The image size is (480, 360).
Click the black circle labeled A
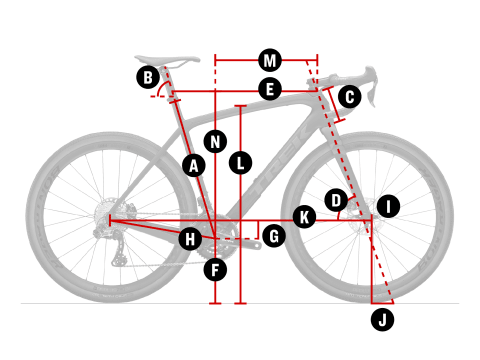point(194,165)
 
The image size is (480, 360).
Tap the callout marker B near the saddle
point(148,77)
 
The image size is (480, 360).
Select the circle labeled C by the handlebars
point(350,97)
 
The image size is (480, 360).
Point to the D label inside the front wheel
point(336,200)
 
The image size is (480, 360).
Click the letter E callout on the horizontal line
point(270,89)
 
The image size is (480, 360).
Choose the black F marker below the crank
point(215,269)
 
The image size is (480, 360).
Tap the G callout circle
point(274,236)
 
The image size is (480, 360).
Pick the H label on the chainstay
point(190,239)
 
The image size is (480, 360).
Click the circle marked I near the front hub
point(388,206)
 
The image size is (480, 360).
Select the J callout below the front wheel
point(382,320)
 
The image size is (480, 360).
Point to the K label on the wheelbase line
point(304,217)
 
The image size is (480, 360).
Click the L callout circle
point(240,163)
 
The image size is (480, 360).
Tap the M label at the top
point(270,60)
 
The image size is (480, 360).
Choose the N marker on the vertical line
point(215,142)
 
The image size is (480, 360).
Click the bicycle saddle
point(167,60)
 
